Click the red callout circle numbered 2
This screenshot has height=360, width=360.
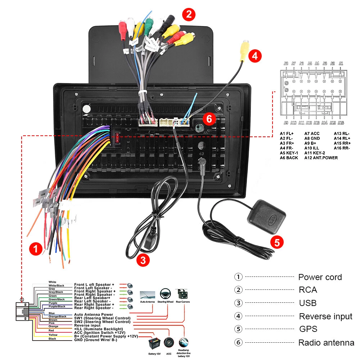coord(189,15)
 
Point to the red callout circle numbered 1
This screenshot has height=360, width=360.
coord(36,249)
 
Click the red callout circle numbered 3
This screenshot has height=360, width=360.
coord(143,260)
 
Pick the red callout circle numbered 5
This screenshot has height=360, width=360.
coord(276,242)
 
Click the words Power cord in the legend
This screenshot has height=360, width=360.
coord(320,277)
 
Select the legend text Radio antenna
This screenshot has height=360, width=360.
coord(326,343)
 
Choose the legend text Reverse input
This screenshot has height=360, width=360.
coord(325,316)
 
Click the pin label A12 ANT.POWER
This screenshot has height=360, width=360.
coord(321,158)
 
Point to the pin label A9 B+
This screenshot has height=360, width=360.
coord(310,143)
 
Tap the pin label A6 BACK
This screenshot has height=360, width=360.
coord(289,158)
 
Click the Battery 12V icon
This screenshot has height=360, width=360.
coord(154,342)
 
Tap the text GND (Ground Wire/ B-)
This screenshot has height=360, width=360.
coord(95,340)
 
